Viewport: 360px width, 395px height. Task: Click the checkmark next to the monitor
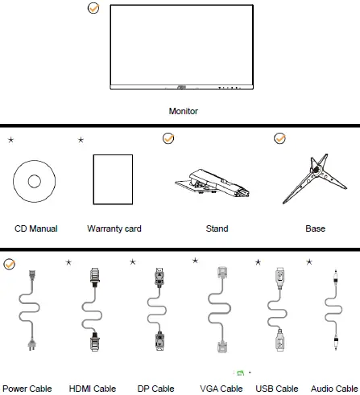(93, 9)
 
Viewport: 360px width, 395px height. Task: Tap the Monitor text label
(183, 111)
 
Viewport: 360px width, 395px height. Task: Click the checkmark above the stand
(168, 138)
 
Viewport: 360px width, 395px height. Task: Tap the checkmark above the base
(279, 138)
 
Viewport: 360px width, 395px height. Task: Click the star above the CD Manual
(10, 140)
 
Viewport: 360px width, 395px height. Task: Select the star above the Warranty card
(81, 140)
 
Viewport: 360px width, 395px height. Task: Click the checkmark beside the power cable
(9, 263)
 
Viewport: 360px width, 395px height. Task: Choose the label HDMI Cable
(93, 388)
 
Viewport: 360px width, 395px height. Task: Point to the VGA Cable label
(220, 388)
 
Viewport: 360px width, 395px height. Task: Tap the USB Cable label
(277, 388)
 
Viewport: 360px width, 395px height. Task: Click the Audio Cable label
(334, 388)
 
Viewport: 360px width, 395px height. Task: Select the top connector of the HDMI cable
(95, 278)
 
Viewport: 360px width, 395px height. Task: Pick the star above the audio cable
(309, 261)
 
